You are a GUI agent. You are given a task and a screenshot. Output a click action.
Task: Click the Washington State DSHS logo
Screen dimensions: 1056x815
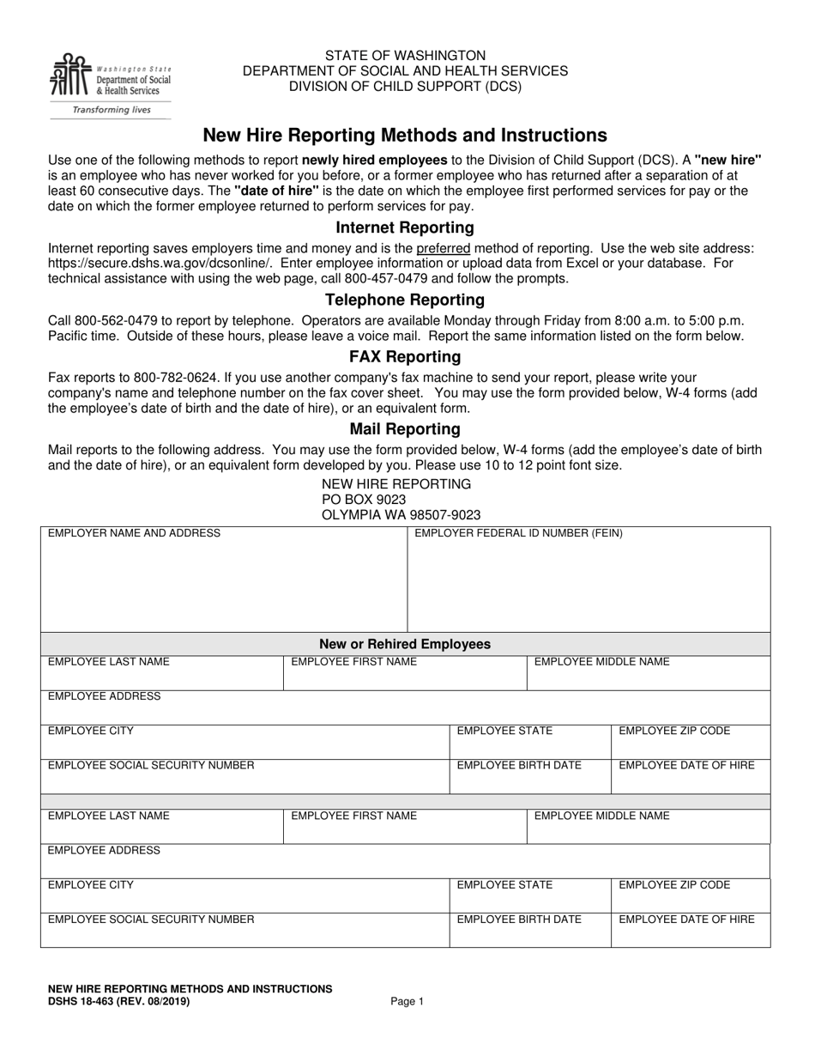click(x=110, y=84)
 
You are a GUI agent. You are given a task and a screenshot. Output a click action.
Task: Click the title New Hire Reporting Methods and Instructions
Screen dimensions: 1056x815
click(x=405, y=136)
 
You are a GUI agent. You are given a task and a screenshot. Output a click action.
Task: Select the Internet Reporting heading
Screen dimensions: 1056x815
click(x=405, y=228)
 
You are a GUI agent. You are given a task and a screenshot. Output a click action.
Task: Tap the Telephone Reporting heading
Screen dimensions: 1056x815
click(x=405, y=300)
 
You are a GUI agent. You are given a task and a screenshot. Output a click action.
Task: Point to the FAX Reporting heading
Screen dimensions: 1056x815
click(x=405, y=356)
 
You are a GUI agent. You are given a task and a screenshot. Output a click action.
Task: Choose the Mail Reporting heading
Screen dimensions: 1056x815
click(x=405, y=428)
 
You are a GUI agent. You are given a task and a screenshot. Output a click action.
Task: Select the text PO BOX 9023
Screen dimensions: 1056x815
click(x=364, y=500)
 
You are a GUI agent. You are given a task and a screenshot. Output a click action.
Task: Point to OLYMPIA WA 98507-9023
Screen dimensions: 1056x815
click(x=401, y=515)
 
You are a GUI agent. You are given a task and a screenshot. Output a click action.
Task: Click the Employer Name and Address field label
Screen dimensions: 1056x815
click(x=134, y=533)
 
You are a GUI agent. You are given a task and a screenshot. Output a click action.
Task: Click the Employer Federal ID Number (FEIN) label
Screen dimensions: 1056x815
click(x=518, y=533)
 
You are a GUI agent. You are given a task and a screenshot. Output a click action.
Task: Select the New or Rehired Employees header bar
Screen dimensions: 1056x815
click(x=405, y=644)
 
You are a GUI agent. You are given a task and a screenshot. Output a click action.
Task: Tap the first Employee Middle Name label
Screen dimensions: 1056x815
click(x=601, y=662)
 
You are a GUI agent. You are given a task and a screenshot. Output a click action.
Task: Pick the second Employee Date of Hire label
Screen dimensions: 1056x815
click(x=686, y=919)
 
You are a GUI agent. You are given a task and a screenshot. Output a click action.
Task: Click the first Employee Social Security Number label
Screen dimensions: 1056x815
click(x=151, y=765)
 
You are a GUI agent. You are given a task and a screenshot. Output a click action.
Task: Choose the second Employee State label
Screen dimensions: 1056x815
click(x=504, y=885)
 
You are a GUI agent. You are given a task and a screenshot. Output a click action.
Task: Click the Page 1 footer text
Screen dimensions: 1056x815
click(x=407, y=1001)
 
